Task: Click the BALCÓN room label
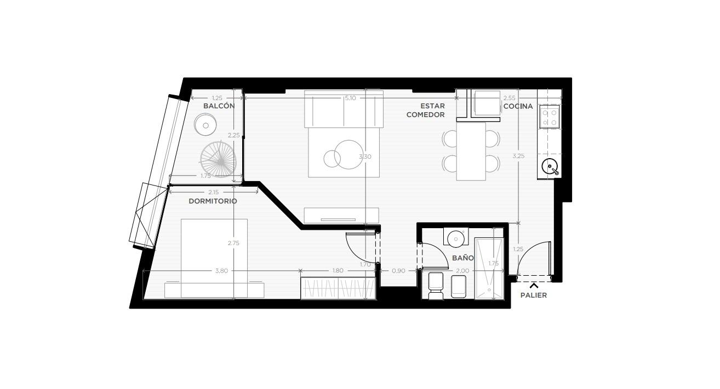[219, 106]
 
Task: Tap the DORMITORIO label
[213, 201]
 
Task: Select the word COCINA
[518, 106]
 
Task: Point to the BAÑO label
[463, 258]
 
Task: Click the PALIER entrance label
[534, 295]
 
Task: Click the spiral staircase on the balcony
[218, 159]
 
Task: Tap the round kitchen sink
[550, 167]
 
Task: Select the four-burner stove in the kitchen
[550, 118]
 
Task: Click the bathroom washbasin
[456, 238]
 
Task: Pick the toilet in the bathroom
[436, 286]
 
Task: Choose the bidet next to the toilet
[459, 287]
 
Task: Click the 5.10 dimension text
[350, 98]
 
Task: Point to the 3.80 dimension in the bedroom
[221, 271]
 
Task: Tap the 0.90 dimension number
[398, 271]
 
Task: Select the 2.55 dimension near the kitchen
[510, 98]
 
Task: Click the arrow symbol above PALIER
[534, 286]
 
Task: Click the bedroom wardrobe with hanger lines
[339, 288]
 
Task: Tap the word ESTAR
[433, 106]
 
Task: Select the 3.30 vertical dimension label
[365, 156]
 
